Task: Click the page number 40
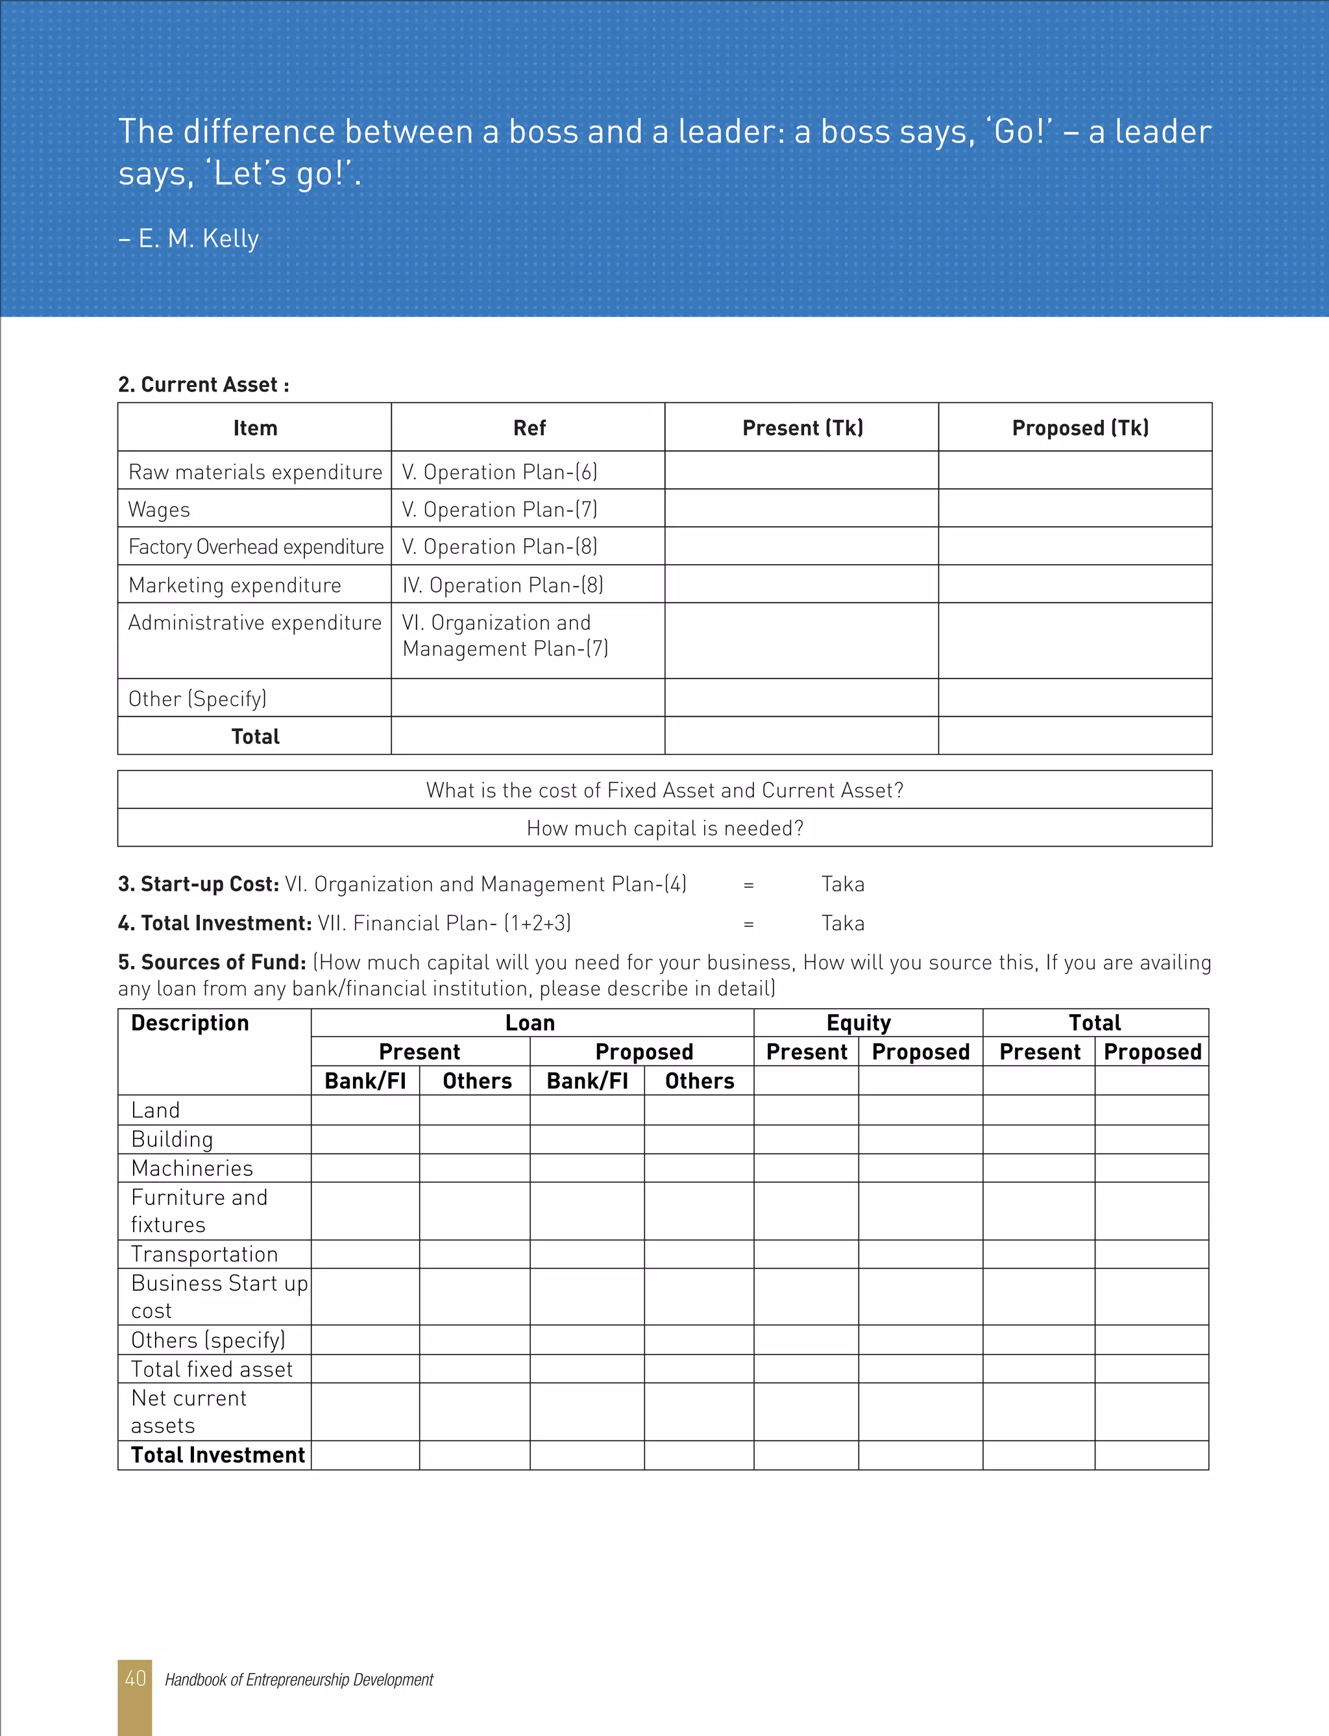[x=135, y=1678]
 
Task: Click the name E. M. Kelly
[x=198, y=238]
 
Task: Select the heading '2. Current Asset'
[x=203, y=384]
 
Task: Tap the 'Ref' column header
[x=528, y=428]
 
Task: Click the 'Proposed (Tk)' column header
[x=1080, y=428]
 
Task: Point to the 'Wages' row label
[x=159, y=510]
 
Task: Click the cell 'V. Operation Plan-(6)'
[x=499, y=471]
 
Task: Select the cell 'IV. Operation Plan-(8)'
[x=502, y=585]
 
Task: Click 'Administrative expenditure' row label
[x=255, y=623]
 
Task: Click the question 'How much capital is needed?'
[x=664, y=828]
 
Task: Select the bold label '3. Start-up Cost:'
[x=198, y=884]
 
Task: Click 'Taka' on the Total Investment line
[x=842, y=923]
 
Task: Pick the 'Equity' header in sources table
[x=859, y=1023]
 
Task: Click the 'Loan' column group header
[x=530, y=1023]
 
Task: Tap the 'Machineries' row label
[x=192, y=1168]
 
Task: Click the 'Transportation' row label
[x=204, y=1254]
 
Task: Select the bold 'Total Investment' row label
[x=217, y=1455]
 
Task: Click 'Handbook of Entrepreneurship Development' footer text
[x=299, y=1679]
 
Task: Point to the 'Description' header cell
[x=190, y=1023]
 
